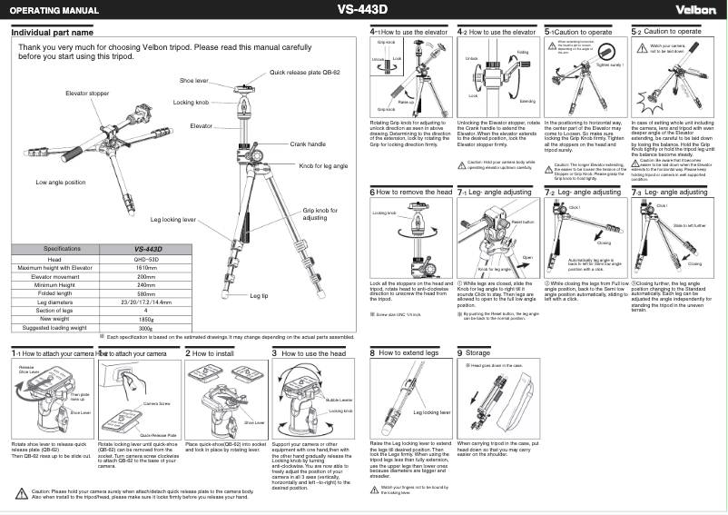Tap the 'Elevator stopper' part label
click(87, 94)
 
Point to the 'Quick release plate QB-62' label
click(305, 71)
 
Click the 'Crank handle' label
click(308, 144)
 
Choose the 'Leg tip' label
click(259, 296)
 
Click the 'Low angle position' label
click(61, 183)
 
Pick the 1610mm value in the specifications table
click(147, 268)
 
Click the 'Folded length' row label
click(56, 293)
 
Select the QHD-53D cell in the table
click(147, 259)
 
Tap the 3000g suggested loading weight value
click(147, 327)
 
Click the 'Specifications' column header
click(56, 249)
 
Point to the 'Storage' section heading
click(477, 352)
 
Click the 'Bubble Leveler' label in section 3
click(339, 400)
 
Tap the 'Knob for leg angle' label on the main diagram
click(323, 166)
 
